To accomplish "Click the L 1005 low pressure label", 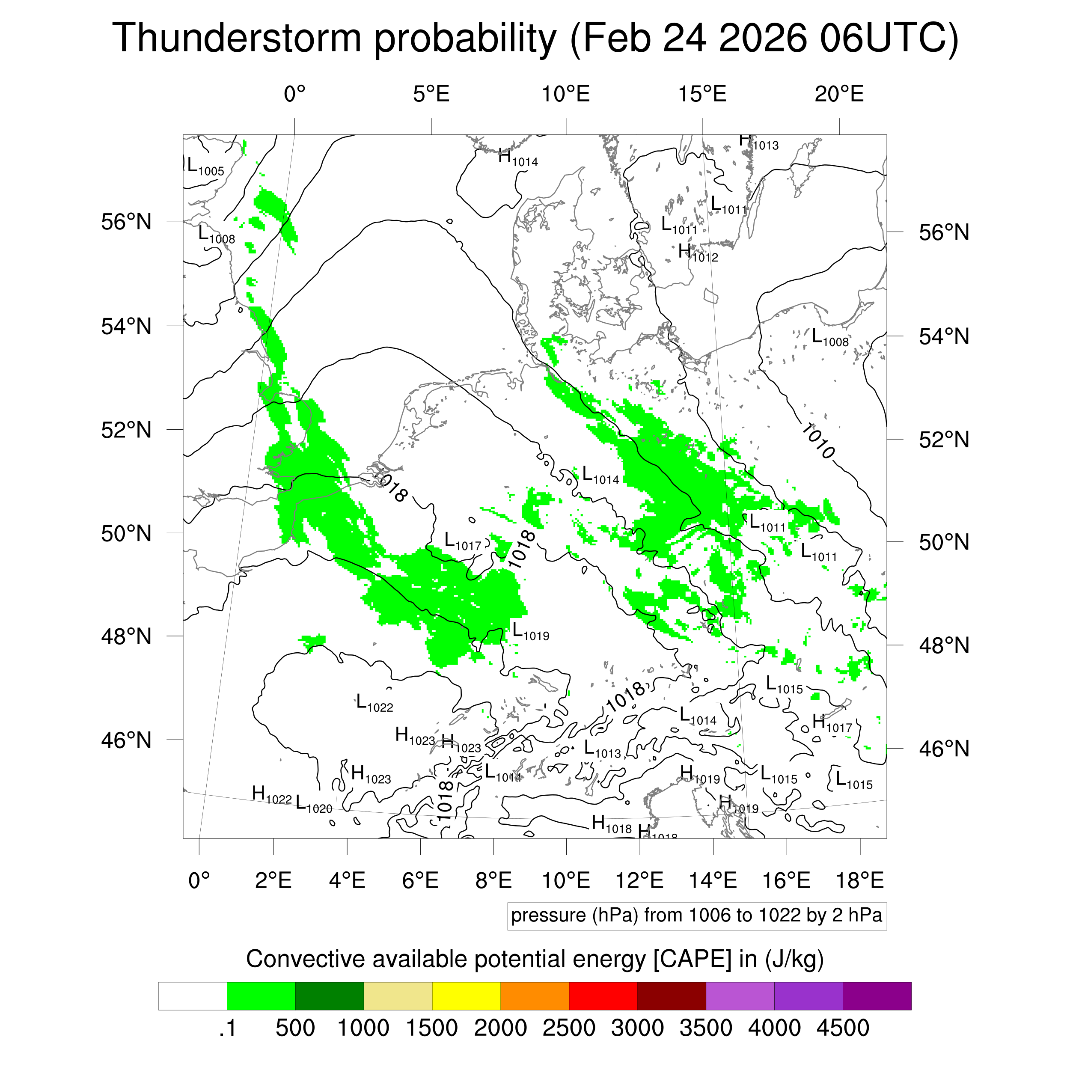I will point(205,166).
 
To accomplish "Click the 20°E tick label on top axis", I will point(839,94).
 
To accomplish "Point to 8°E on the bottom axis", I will point(493,880).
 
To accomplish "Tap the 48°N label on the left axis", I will point(126,636).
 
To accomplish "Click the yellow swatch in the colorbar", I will point(467,996).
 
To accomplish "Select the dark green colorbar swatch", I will point(330,996).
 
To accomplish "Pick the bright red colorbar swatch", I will point(603,996).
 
